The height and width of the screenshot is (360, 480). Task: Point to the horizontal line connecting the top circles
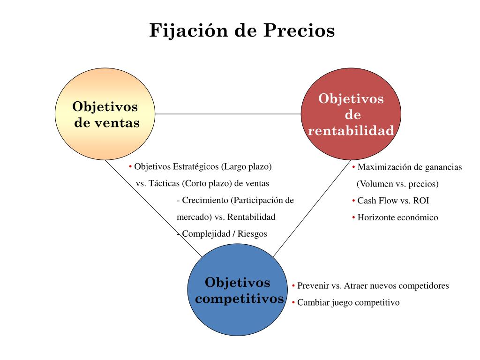pos(228,114)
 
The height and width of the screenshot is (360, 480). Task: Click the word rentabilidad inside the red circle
pos(351,131)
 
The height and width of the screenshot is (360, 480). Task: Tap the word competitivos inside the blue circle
pos(240,299)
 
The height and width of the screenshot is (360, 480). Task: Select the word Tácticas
pos(165,183)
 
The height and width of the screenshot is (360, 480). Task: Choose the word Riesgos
pos(252,234)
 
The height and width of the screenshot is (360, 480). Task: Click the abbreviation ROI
pos(421,201)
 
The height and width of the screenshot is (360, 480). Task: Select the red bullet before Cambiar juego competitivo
pos(293,303)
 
